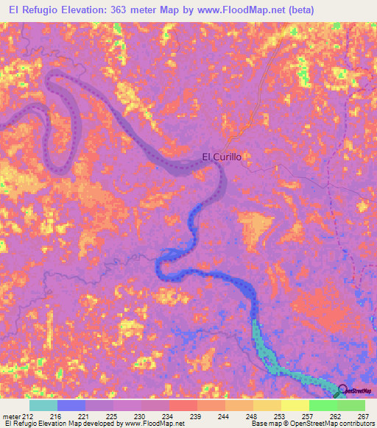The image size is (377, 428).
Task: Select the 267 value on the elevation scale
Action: click(x=362, y=415)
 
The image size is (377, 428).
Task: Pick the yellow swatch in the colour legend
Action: click(x=295, y=405)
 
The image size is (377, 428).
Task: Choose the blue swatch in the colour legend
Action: click(x=71, y=405)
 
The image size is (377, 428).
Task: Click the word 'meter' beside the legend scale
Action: click(x=13, y=415)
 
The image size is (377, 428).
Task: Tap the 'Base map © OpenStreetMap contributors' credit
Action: click(x=311, y=424)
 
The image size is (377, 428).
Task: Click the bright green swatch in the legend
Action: click(x=323, y=405)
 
